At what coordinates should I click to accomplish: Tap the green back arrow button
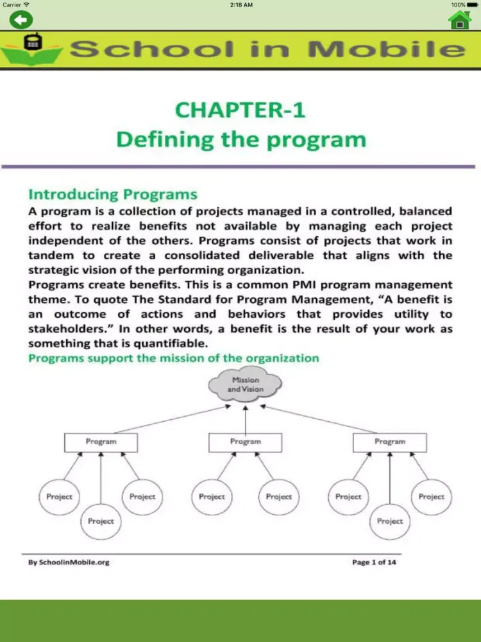point(21,19)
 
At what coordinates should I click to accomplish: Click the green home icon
point(460,20)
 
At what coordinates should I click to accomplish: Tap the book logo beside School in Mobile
point(31,48)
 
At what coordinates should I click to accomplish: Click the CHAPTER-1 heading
point(240,110)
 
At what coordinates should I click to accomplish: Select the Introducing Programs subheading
point(113,194)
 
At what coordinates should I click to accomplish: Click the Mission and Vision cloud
point(246,385)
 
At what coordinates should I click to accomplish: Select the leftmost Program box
point(101,442)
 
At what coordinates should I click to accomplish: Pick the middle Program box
point(246,442)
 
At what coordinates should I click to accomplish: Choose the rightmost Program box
point(390,442)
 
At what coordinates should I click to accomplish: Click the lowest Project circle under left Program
point(101,521)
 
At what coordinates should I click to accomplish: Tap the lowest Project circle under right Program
point(390,521)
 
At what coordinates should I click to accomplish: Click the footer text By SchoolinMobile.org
point(69,562)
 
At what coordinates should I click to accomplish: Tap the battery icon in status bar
point(473,4)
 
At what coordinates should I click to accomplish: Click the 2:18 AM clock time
point(240,4)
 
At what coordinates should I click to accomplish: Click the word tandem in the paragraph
point(49,256)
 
